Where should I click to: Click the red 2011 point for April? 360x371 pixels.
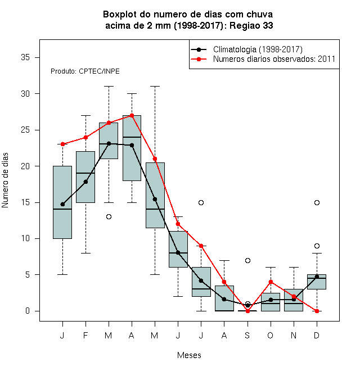[x=132, y=115]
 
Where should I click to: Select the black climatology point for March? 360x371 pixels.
[x=109, y=143]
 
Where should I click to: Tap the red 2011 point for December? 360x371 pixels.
[x=317, y=311]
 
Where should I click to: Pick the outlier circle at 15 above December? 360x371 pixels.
[x=317, y=202]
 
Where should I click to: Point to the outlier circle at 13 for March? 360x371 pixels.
[x=109, y=217]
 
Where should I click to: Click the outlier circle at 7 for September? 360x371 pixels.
[x=247, y=260]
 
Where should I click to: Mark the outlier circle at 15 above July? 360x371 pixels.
[x=201, y=202]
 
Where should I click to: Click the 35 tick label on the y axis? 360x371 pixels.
[x=25, y=57]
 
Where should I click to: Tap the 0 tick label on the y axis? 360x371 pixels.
[x=28, y=311]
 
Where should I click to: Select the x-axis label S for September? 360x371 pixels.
[x=247, y=335]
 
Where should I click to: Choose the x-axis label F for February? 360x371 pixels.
[x=85, y=335]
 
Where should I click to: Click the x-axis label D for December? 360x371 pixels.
[x=317, y=335]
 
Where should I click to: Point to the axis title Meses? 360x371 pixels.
[x=189, y=355]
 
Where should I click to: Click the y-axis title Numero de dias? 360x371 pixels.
[x=5, y=180]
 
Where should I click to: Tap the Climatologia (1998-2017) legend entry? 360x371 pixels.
[x=258, y=49]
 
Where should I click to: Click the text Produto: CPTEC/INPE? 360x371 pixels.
[x=85, y=71]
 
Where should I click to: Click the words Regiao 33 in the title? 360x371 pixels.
[x=251, y=25]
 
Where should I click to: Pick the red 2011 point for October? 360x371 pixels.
[x=271, y=282]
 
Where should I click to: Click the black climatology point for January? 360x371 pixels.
[x=62, y=204]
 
